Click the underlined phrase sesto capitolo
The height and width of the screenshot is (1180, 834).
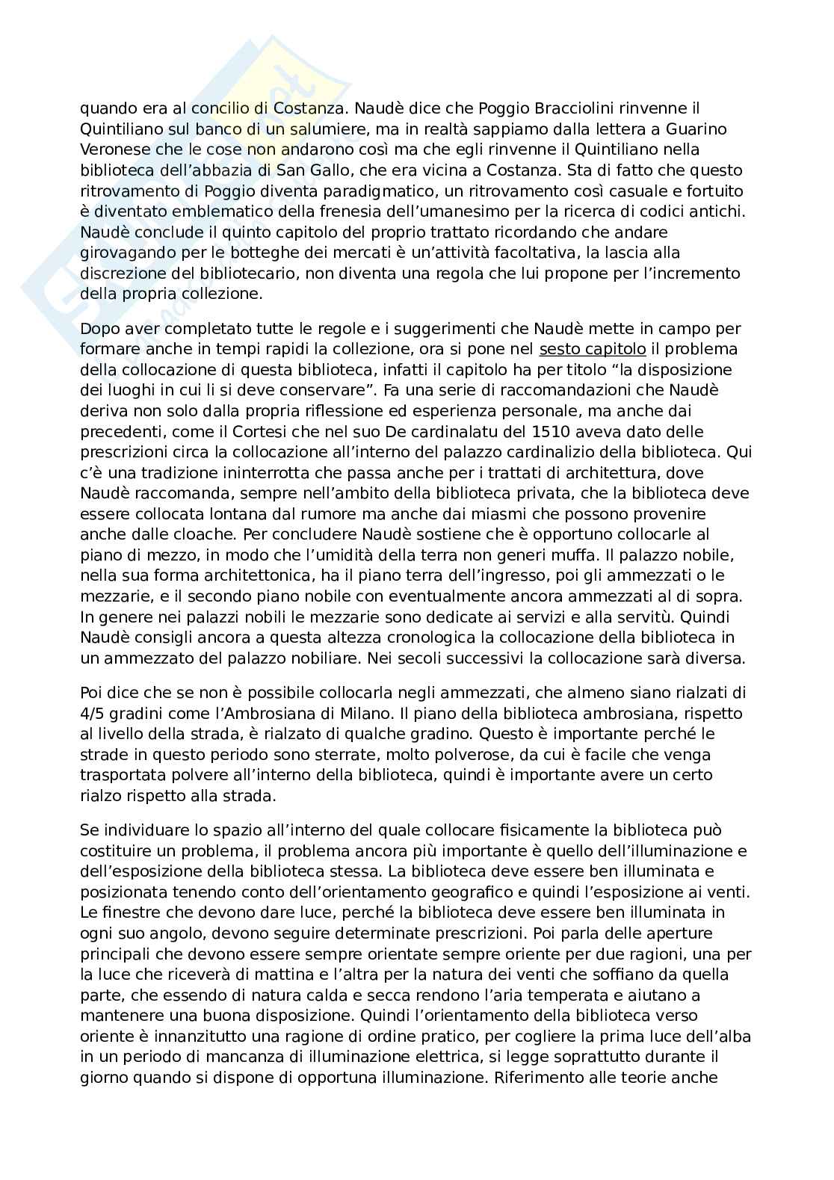592,349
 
